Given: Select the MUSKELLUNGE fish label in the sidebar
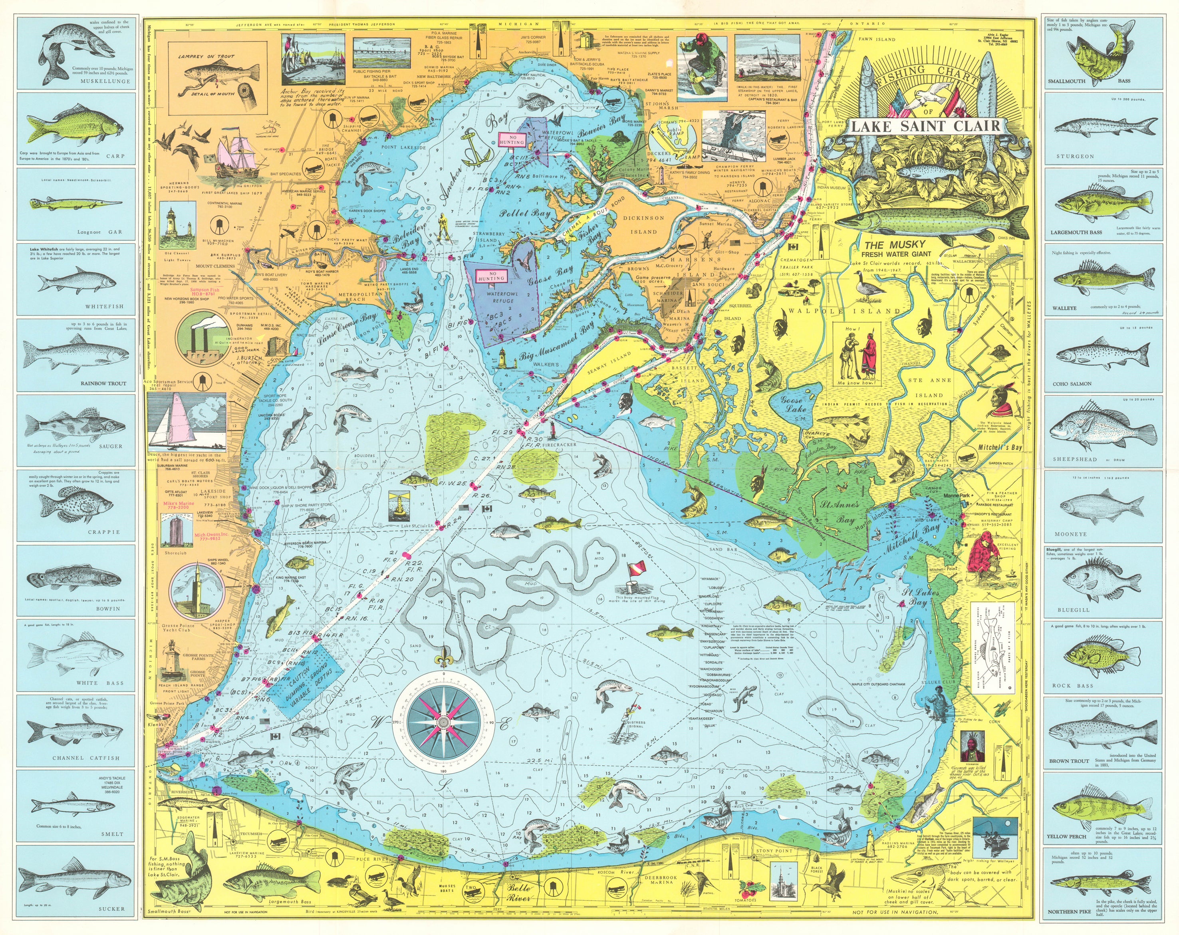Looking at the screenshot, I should pos(105,81).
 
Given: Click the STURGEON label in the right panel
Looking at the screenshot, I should pos(1075,157).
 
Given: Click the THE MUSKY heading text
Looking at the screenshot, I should pos(895,244).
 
